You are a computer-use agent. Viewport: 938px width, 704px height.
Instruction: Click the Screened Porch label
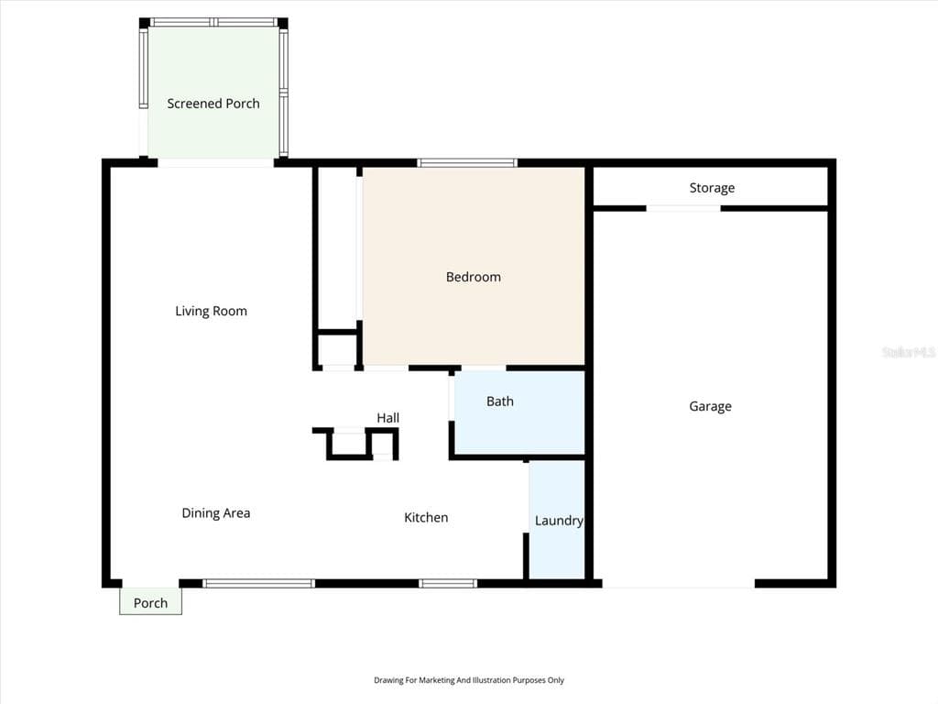pyautogui.click(x=213, y=104)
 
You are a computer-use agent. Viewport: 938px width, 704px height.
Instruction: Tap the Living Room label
pyautogui.click(x=211, y=311)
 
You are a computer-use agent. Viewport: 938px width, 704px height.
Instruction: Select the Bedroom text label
pyautogui.click(x=473, y=277)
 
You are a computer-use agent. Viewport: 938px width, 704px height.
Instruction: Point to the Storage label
pyautogui.click(x=712, y=188)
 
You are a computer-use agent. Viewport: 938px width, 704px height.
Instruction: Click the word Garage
pyautogui.click(x=710, y=406)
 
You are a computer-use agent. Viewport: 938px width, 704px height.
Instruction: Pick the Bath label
pyautogui.click(x=499, y=401)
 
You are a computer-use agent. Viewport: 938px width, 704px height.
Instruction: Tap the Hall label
pyautogui.click(x=387, y=418)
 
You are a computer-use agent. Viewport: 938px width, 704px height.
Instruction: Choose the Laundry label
pyautogui.click(x=558, y=521)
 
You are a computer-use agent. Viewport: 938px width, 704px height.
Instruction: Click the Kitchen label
pyautogui.click(x=426, y=518)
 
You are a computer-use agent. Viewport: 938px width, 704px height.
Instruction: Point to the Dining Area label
pyautogui.click(x=215, y=513)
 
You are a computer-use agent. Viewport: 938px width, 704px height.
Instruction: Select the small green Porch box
pyautogui.click(x=150, y=602)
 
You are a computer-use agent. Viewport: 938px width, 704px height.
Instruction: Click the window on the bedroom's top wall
pyautogui.click(x=467, y=163)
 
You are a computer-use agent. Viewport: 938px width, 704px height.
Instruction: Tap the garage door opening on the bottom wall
pyautogui.click(x=678, y=584)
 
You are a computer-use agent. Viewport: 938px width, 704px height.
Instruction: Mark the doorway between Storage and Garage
pyautogui.click(x=683, y=208)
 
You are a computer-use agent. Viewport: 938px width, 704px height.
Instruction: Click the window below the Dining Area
pyautogui.click(x=258, y=583)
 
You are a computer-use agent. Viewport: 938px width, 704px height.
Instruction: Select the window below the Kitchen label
pyautogui.click(x=448, y=583)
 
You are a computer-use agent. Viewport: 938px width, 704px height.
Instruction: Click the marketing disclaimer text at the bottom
pyautogui.click(x=468, y=680)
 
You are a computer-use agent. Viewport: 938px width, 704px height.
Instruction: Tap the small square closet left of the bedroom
pyautogui.click(x=336, y=350)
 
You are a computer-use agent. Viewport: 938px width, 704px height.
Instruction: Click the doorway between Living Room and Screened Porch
pyautogui.click(x=215, y=163)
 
